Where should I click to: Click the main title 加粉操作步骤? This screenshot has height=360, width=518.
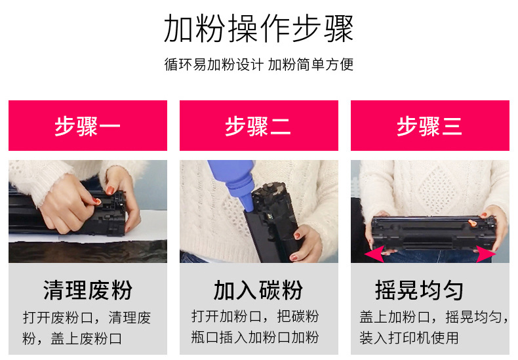258,28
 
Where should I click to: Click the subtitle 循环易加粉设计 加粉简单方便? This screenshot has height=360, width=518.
258,64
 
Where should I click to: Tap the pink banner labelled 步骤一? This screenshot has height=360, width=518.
88,125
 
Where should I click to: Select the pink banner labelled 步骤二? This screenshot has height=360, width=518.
259,125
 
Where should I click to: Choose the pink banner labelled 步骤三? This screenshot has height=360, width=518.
430,125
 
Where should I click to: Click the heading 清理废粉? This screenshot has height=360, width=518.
88,290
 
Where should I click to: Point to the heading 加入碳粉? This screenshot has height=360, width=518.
258,290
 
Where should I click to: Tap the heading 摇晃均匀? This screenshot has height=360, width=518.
419,290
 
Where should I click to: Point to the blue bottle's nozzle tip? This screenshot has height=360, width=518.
249,210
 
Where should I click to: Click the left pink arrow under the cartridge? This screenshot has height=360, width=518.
374,254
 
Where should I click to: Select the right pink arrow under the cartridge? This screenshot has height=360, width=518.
486,254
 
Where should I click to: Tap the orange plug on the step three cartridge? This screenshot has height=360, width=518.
472,224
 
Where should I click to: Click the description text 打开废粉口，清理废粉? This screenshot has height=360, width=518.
87,328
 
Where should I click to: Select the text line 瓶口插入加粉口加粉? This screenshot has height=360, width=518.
255,337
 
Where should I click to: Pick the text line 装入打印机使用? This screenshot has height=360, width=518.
409,338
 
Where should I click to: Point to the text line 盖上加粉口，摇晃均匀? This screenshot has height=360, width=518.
434,317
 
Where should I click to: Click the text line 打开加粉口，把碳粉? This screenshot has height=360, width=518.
255,317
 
